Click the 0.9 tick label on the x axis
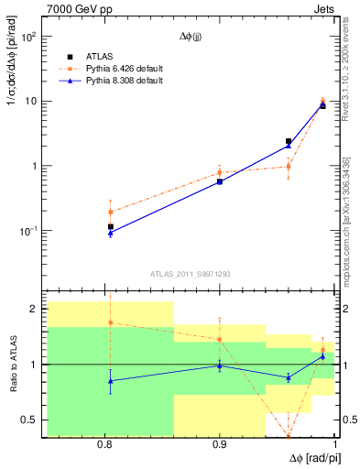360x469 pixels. pos(220,445)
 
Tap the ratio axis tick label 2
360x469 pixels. pos(33,310)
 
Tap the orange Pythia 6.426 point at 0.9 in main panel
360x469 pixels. pos(220,172)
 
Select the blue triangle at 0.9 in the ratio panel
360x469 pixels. pos(220,366)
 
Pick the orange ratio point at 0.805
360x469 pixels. pos(111,322)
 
